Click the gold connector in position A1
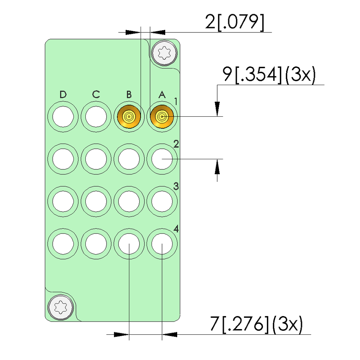162,116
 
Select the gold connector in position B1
129,116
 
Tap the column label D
63,95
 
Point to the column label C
96,95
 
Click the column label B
129,95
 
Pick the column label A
162,95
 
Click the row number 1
176,102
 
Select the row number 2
176,144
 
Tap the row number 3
176,186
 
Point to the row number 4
176,229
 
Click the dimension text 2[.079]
234,22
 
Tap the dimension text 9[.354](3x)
269,75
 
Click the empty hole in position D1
63,116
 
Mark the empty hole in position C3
96,201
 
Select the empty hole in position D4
63,243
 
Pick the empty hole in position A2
162,159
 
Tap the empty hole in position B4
129,243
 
